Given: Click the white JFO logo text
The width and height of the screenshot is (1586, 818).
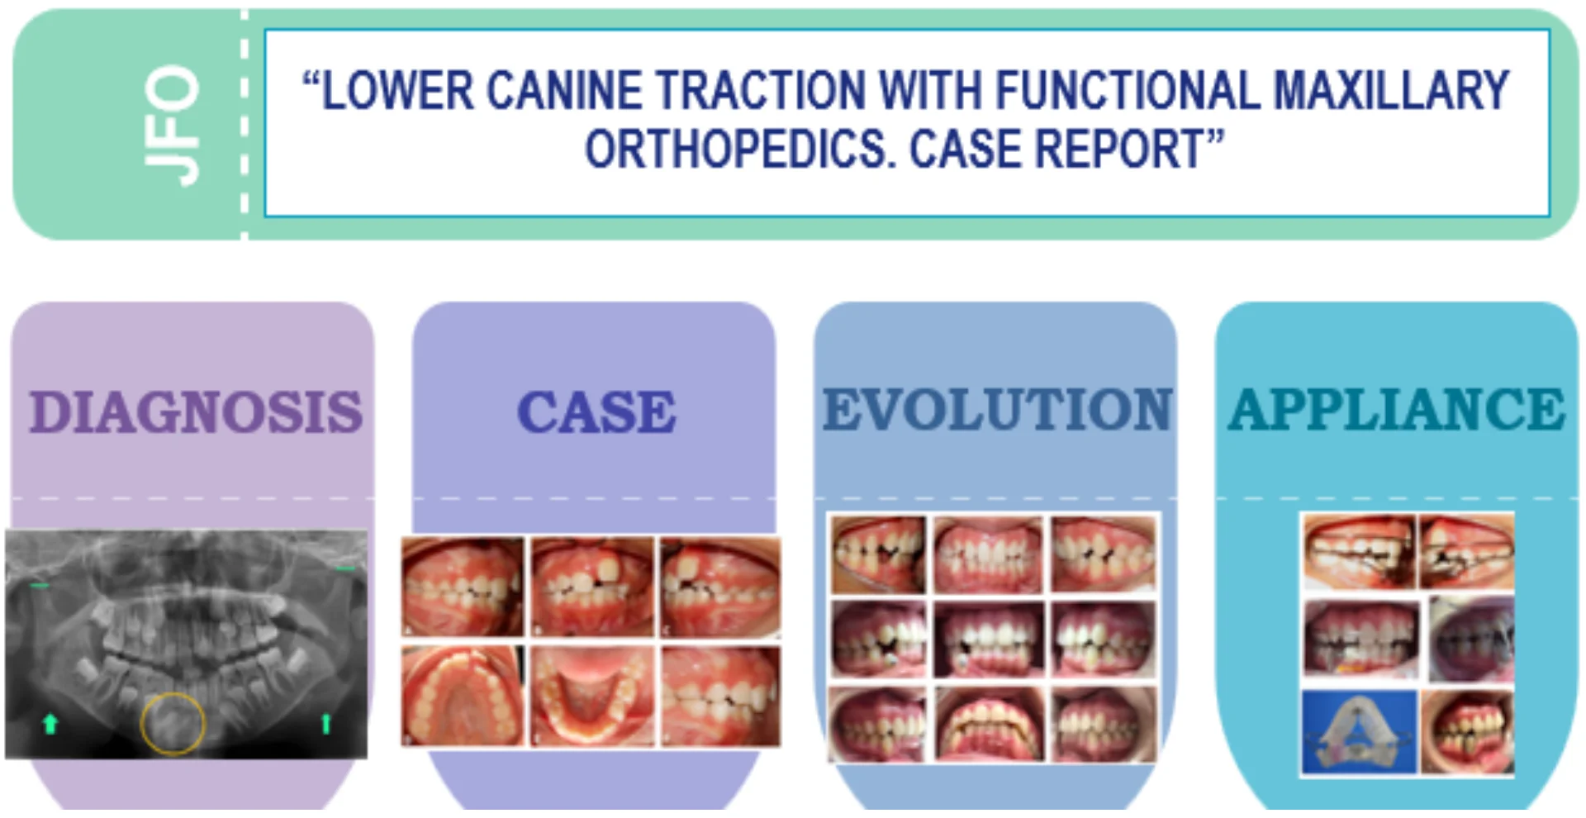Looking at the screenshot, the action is [x=172, y=126].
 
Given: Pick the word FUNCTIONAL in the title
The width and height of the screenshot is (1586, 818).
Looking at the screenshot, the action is [x=1128, y=90].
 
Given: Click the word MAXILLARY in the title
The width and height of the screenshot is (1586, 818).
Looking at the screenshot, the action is [x=1391, y=90].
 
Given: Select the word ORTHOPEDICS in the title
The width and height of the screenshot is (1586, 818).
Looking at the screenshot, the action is [x=741, y=150].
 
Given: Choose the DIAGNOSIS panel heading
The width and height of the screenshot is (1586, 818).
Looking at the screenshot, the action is [x=196, y=411].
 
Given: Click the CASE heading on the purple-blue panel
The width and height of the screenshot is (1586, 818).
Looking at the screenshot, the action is [x=596, y=411].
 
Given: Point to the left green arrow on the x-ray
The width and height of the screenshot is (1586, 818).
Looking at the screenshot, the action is [x=50, y=725].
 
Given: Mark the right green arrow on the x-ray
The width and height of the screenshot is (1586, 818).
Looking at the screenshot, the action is [x=326, y=724].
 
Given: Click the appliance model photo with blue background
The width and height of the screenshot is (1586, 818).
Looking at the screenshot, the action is [x=1360, y=732].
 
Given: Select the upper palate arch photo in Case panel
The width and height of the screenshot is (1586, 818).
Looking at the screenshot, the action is [x=463, y=697].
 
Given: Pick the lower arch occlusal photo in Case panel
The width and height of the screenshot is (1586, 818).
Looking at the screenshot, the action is [x=591, y=697].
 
